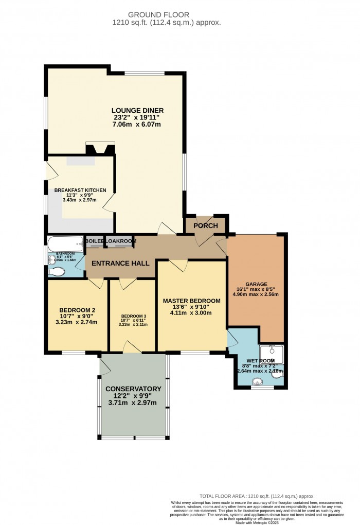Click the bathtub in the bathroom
click(65, 242)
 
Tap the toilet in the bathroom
click(58, 271)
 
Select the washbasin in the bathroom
click(51, 260)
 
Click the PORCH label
click(206, 226)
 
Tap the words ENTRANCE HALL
click(120, 263)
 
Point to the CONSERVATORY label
click(133, 389)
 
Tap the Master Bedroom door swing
click(178, 265)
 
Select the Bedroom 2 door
click(96, 283)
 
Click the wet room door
click(232, 338)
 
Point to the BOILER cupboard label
click(94, 241)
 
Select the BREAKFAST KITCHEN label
click(80, 190)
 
